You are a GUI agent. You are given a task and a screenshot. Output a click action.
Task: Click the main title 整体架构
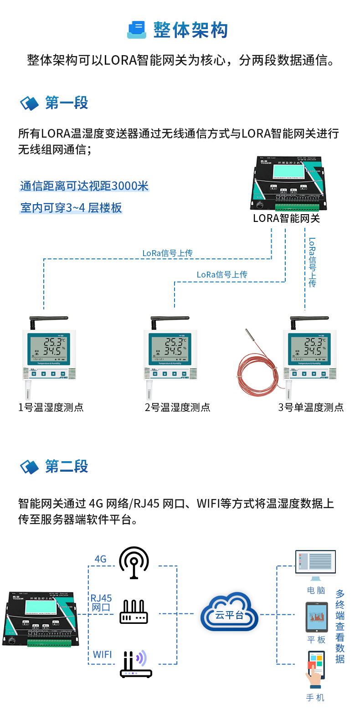point(190,30)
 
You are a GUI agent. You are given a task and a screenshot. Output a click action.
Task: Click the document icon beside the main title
point(136,30)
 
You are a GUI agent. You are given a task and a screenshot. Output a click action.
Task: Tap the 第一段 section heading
point(67,103)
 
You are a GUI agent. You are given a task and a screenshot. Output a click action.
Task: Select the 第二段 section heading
point(67,467)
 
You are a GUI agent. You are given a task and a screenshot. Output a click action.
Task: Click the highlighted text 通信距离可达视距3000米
point(84,186)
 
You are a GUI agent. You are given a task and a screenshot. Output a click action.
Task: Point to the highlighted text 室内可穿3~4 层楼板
point(71,208)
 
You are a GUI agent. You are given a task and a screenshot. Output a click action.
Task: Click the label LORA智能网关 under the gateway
point(286,218)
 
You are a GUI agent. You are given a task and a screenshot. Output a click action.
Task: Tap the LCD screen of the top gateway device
point(288,171)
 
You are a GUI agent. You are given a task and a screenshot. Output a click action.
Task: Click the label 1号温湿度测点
point(51,407)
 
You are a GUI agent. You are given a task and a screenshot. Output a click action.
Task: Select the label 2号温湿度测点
point(177,407)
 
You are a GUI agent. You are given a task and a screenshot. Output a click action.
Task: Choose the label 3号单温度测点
point(311,407)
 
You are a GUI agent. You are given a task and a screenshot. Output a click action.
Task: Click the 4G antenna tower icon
point(134,563)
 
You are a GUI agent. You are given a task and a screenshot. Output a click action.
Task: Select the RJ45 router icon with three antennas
point(134,612)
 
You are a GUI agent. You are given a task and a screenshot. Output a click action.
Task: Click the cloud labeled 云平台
point(230,613)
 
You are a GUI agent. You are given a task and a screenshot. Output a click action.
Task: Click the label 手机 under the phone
point(315,698)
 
